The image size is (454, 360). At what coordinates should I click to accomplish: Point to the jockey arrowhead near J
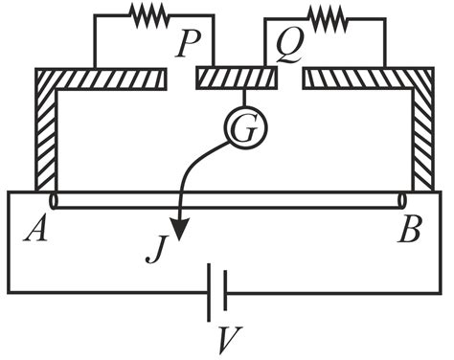(x=179, y=233)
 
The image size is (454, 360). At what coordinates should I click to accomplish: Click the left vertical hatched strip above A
(x=45, y=134)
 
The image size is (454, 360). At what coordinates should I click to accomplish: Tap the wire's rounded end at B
(x=401, y=201)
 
